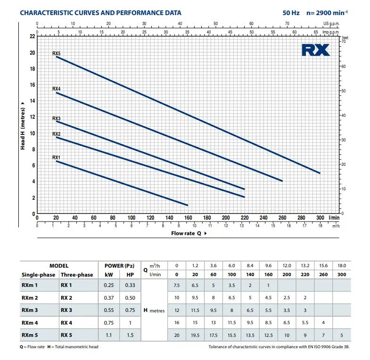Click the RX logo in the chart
click(315, 50)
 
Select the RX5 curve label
click(56, 54)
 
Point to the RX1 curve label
click(56, 157)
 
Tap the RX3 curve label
click(56, 118)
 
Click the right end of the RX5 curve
click(320, 173)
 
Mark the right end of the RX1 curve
click(188, 205)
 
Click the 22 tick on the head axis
click(32, 36)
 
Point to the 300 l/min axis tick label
click(321, 218)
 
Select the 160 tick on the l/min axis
click(188, 218)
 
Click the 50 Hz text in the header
click(289, 13)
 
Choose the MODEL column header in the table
click(59, 266)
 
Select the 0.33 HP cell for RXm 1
click(130, 286)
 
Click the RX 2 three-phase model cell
click(66, 298)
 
